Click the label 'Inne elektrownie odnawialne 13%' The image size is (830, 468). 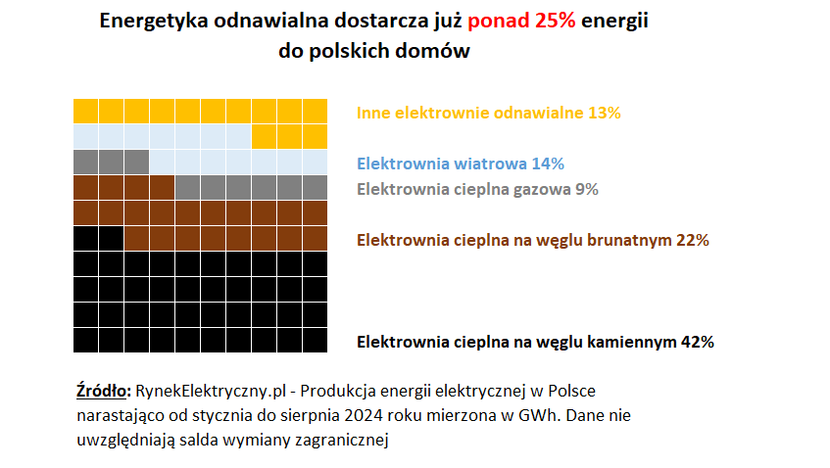point(489,113)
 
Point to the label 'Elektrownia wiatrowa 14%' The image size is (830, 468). point(461,164)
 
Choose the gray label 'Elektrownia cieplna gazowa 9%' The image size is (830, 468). point(477,189)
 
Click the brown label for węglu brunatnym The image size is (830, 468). point(533,240)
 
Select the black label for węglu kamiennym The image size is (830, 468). point(535,342)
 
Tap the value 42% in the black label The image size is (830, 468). point(697,342)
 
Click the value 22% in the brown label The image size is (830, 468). point(692,240)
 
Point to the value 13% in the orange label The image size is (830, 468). point(605,113)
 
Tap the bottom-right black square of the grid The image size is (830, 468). point(315,339)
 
